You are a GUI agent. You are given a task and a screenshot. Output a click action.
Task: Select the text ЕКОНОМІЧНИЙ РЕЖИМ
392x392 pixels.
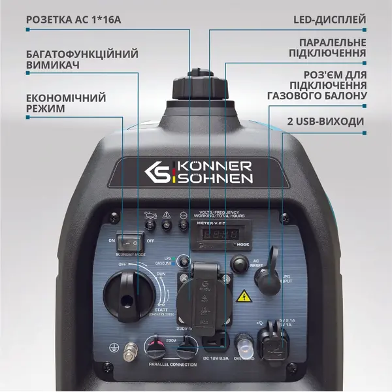65,103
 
